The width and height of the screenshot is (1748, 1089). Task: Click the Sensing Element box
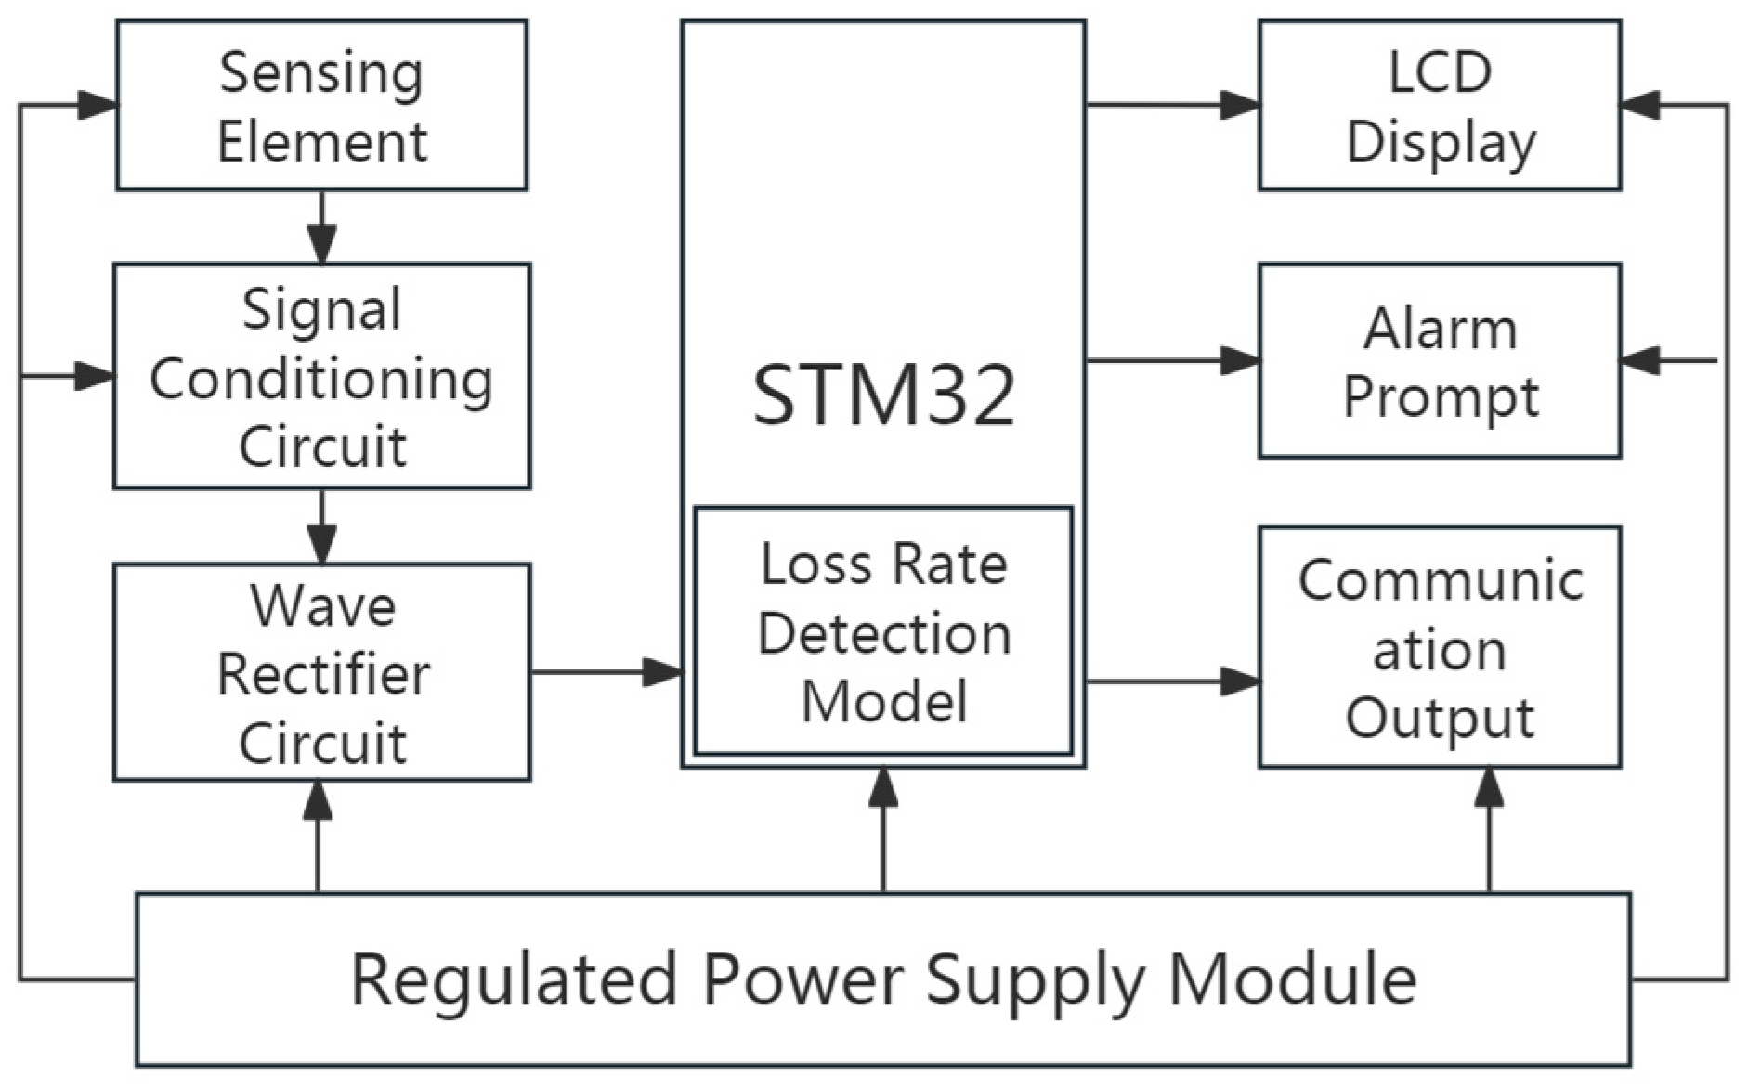321,106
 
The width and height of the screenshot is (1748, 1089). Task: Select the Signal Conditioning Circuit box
321,376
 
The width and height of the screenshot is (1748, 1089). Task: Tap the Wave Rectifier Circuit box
321,672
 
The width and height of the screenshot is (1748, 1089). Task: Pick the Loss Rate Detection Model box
883,631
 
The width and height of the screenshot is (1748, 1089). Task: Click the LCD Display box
1440,106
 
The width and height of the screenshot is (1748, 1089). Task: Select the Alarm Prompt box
1440,361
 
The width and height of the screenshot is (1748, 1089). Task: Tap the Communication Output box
1440,647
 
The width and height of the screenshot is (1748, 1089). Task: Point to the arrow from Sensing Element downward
321,227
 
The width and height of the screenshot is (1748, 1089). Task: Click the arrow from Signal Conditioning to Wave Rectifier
321,526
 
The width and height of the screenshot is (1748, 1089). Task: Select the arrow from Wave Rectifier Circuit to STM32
607,671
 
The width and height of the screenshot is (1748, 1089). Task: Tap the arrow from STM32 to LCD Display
1172,105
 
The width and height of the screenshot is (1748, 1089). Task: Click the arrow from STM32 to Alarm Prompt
1172,360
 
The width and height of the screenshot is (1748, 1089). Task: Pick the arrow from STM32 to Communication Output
1172,682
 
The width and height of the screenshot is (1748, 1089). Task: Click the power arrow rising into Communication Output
1490,831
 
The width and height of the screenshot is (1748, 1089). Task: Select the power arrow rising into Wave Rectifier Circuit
318,836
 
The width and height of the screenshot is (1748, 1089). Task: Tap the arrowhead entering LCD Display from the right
1640,105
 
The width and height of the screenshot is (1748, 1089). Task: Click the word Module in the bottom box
1292,979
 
